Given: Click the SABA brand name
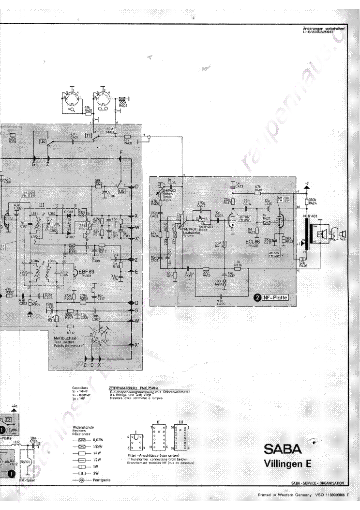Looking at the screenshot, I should [283, 448].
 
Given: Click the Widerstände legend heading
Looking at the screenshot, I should [80, 427].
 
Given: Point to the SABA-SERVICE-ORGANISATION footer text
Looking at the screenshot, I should [317, 483].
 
